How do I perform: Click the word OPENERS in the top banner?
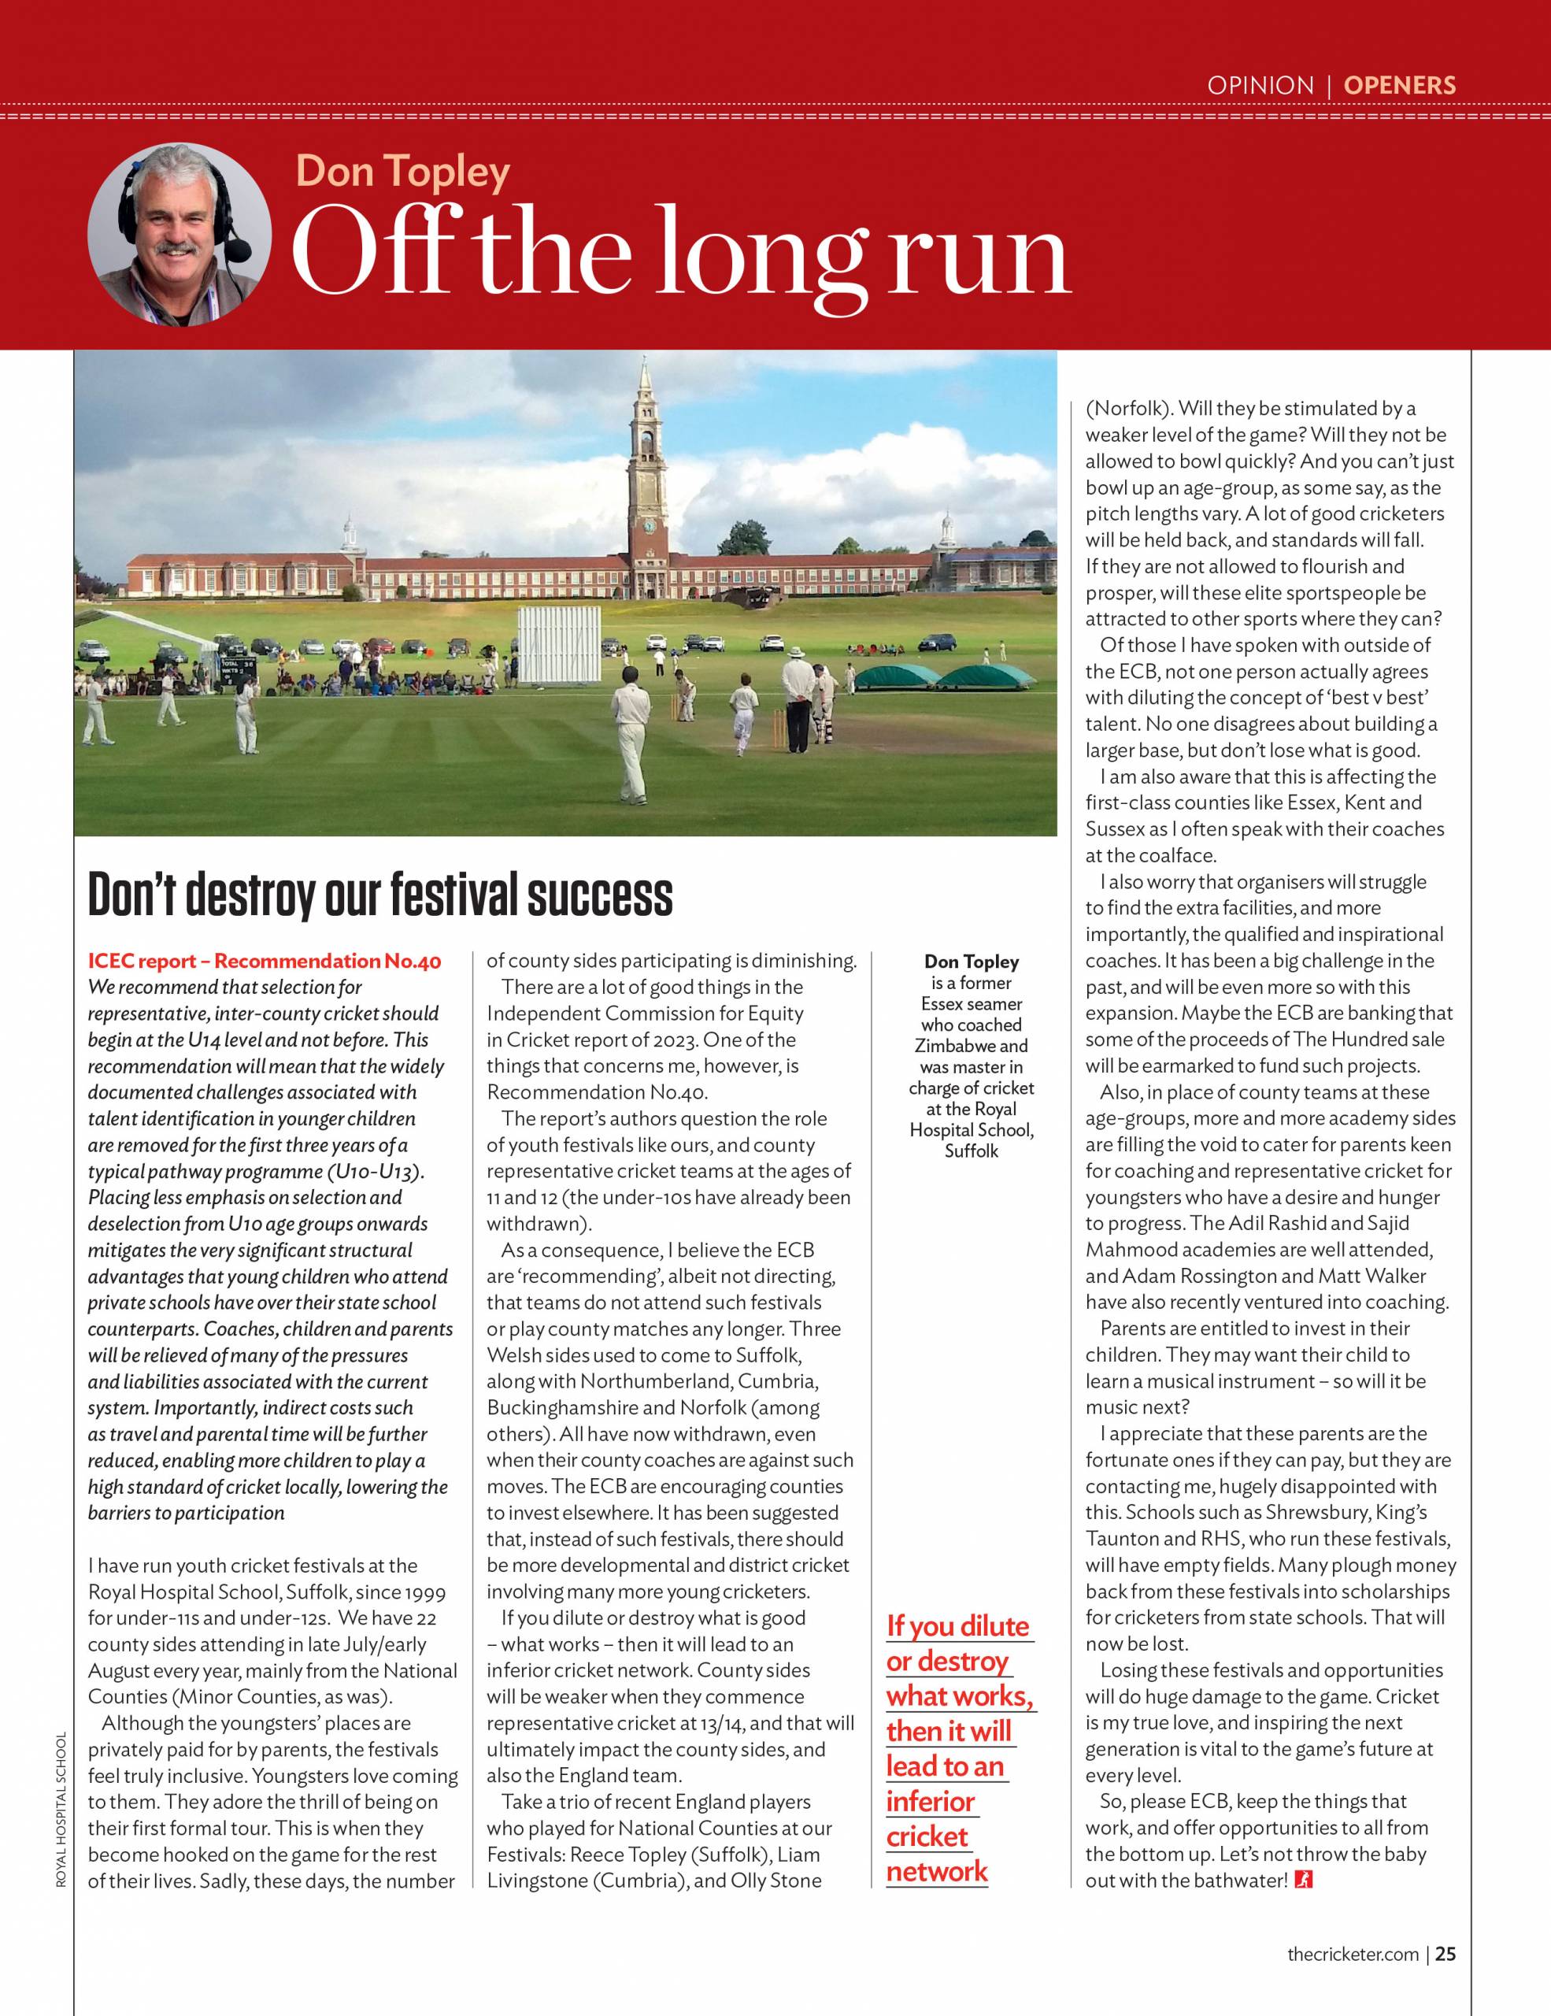click(x=1399, y=86)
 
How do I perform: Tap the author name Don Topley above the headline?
click(x=402, y=172)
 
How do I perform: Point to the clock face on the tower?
click(x=649, y=526)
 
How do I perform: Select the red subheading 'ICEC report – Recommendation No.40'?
click(x=264, y=961)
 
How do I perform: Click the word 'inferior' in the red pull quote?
click(x=930, y=1801)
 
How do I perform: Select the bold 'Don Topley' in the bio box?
click(x=971, y=962)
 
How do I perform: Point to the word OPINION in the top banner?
click(x=1260, y=86)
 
